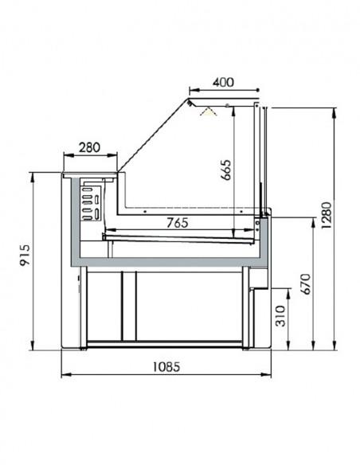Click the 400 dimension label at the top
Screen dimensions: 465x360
click(x=224, y=81)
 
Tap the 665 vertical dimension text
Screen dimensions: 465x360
click(x=225, y=171)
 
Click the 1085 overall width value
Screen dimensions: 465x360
click(x=166, y=367)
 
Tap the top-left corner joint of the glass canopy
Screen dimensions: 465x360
click(x=190, y=100)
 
